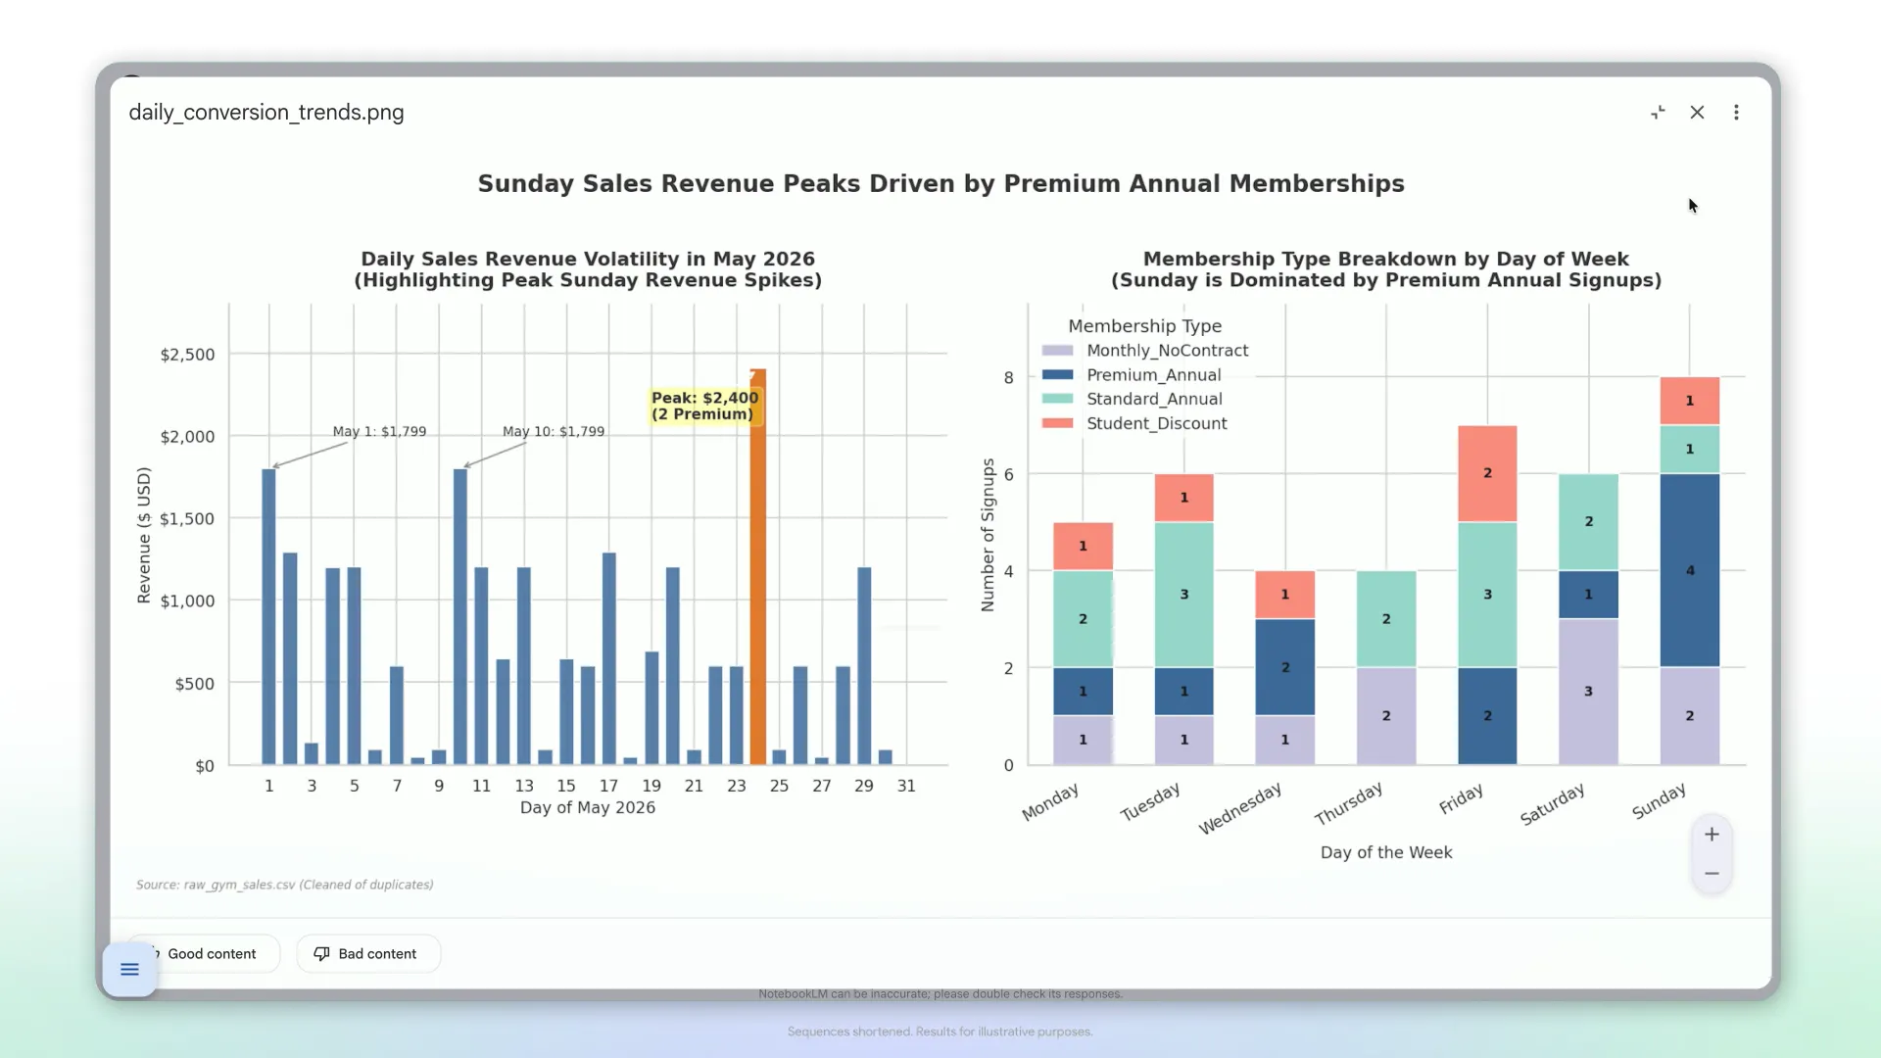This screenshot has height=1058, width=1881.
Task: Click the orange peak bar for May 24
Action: tap(757, 567)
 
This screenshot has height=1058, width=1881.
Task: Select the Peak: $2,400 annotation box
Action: tap(705, 406)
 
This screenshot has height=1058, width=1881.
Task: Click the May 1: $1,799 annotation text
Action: tap(379, 431)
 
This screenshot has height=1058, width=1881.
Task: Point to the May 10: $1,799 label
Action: tap(554, 431)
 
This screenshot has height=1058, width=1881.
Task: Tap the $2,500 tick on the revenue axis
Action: tap(187, 355)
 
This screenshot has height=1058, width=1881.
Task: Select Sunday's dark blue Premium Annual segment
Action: tap(1689, 571)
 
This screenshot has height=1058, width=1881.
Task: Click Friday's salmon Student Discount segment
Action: tap(1487, 473)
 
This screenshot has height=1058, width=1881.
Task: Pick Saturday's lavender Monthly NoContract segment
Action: tap(1588, 692)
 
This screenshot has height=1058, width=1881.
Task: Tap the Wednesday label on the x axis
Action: tap(1239, 808)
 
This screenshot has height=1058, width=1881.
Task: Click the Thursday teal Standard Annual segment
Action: tap(1386, 619)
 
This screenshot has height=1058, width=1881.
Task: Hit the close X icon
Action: tap(1697, 113)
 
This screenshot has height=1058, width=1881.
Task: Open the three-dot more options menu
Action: tap(1736, 113)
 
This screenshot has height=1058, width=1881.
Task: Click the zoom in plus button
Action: tap(1712, 835)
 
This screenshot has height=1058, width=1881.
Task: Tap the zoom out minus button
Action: tap(1712, 874)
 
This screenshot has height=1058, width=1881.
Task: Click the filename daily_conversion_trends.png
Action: tap(266, 113)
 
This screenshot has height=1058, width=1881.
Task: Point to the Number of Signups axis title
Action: tap(988, 535)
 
